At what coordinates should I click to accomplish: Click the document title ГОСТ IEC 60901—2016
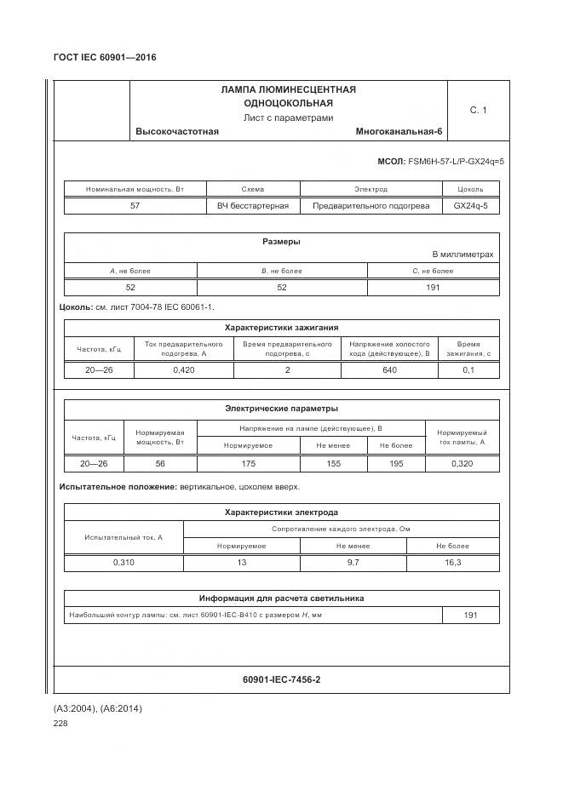pyautogui.click(x=105, y=58)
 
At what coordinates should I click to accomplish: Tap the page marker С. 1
pyautogui.click(x=478, y=110)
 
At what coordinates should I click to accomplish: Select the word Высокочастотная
pyautogui.click(x=177, y=131)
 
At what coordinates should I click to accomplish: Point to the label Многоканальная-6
pyautogui.click(x=399, y=131)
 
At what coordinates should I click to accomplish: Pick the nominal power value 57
pyautogui.click(x=135, y=205)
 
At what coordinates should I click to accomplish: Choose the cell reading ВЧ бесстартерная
pyautogui.click(x=253, y=205)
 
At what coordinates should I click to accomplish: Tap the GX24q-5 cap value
pyautogui.click(x=470, y=205)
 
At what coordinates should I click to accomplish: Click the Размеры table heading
pyautogui.click(x=281, y=242)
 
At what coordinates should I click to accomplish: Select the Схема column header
pyautogui.click(x=253, y=189)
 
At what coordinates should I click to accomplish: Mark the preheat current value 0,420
pyautogui.click(x=184, y=370)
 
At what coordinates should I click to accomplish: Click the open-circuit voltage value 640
pyautogui.click(x=390, y=370)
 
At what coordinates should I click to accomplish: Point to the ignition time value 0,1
pyautogui.click(x=468, y=370)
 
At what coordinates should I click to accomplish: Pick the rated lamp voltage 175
pyautogui.click(x=248, y=464)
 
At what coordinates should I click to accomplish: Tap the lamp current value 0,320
pyautogui.click(x=462, y=464)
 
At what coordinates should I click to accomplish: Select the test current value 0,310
pyautogui.click(x=124, y=563)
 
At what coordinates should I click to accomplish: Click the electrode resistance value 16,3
pyautogui.click(x=453, y=563)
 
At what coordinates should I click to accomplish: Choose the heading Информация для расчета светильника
pyautogui.click(x=281, y=598)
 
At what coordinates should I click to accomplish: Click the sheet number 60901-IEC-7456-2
pyautogui.click(x=281, y=679)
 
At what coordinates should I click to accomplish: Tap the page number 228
pyautogui.click(x=60, y=723)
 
